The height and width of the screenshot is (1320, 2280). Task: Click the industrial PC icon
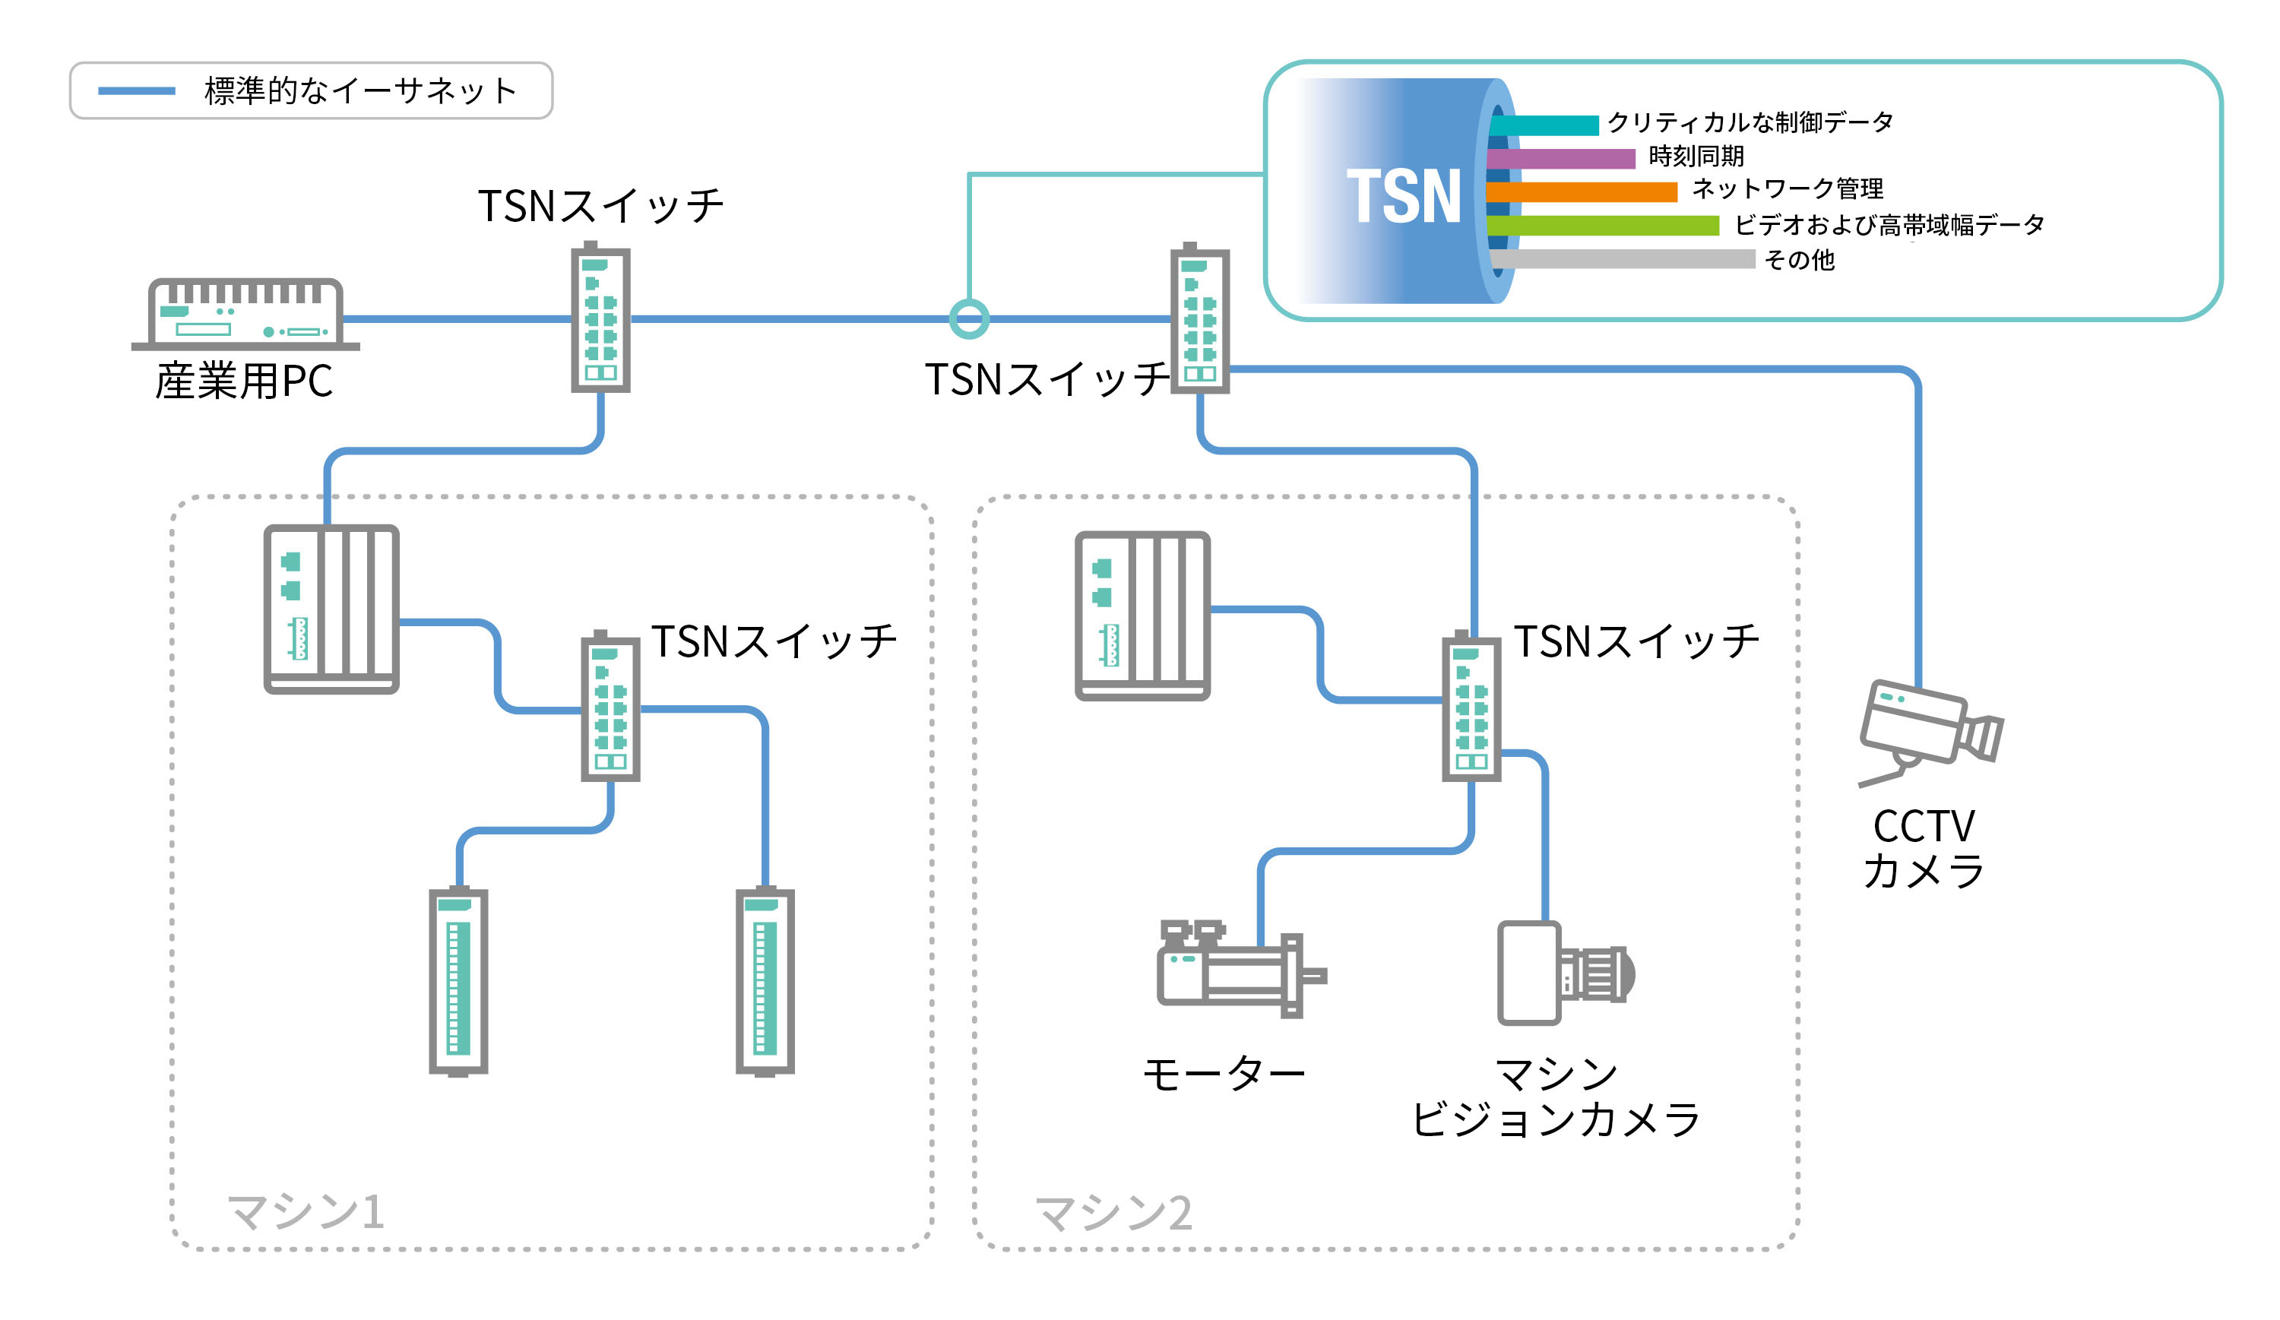click(x=245, y=314)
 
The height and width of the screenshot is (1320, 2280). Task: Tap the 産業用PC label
click(x=244, y=381)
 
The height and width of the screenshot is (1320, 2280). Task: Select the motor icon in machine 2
click(x=1240, y=968)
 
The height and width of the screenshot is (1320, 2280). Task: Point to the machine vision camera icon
click(x=1566, y=973)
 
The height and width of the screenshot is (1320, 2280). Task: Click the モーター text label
click(x=1224, y=1075)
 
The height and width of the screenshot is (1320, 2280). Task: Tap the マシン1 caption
click(x=306, y=1211)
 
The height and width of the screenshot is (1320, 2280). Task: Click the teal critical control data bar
click(x=1544, y=125)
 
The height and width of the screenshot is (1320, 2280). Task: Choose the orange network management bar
click(x=1582, y=192)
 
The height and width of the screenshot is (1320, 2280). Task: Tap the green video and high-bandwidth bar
click(x=1602, y=225)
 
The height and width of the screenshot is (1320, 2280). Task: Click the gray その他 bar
click(x=1623, y=258)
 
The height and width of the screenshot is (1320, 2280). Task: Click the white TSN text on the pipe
click(x=1403, y=195)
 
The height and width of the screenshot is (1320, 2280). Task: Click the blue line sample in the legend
click(x=137, y=90)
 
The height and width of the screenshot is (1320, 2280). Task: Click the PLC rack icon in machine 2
click(x=1143, y=616)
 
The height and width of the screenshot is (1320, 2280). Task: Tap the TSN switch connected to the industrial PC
click(x=600, y=317)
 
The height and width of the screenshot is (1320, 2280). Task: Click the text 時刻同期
click(x=1696, y=157)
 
